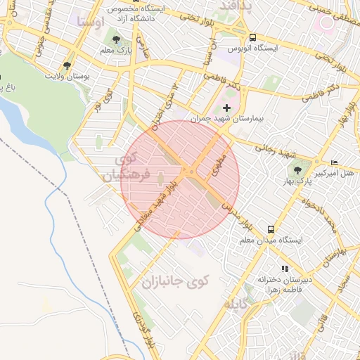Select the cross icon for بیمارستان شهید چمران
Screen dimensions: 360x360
pos(226,108)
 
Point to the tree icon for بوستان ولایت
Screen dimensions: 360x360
pos(67,65)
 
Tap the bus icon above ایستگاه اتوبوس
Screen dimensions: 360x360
pos(252,37)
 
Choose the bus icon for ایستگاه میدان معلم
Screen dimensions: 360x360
pos(271,229)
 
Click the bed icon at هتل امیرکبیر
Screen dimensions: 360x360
pos(333,162)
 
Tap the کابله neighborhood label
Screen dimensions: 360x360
pos(235,304)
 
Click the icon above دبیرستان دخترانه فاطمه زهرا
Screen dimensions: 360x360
pos(285,269)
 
